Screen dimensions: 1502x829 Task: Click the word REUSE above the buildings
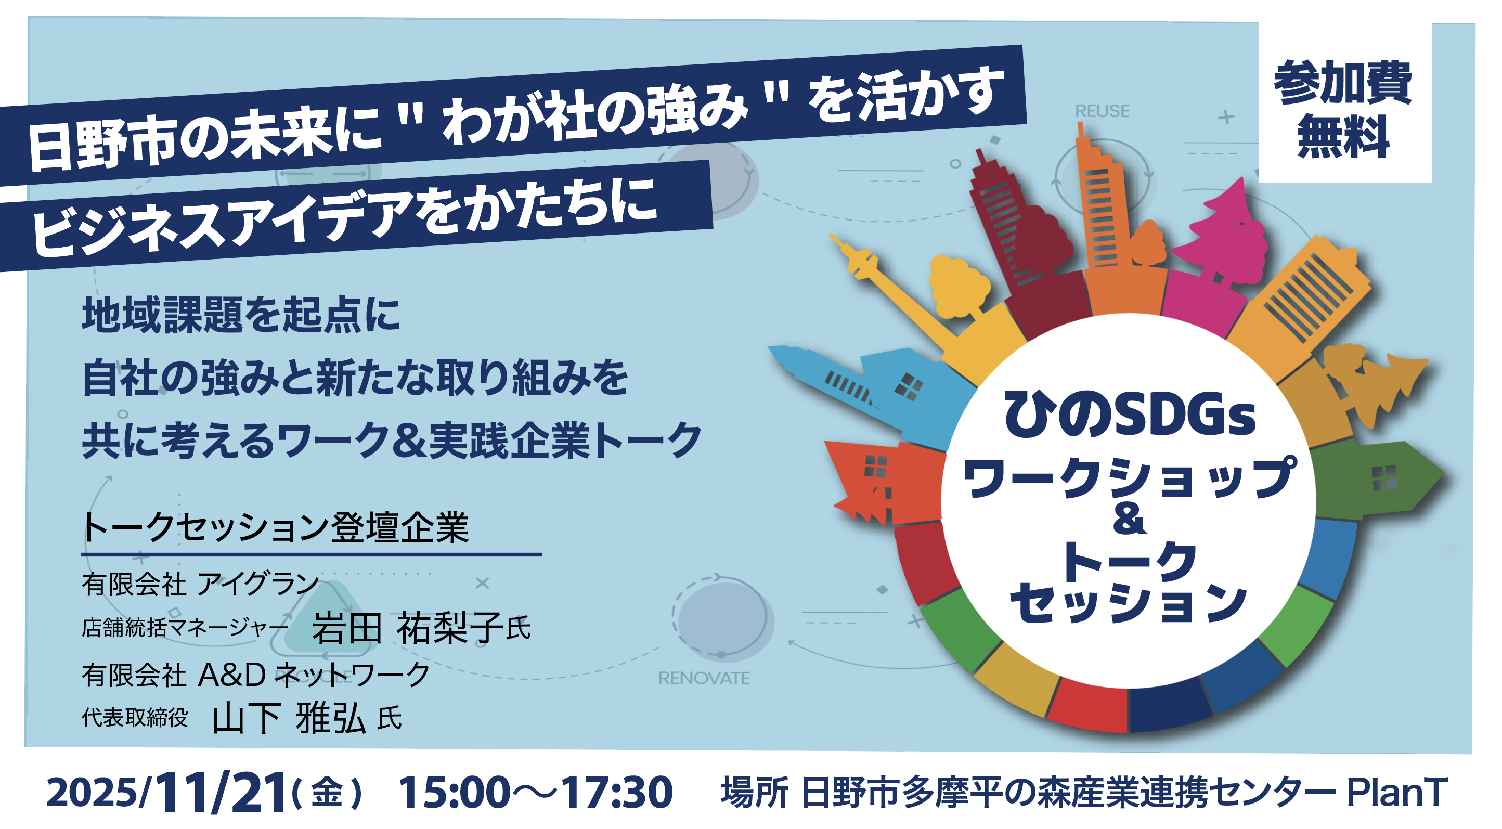coord(1102,111)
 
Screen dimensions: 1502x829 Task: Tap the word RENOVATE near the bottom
coord(704,678)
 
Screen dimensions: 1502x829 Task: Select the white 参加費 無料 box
coord(1344,102)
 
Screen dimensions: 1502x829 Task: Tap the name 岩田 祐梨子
coord(407,628)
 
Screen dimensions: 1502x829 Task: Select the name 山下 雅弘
coord(289,718)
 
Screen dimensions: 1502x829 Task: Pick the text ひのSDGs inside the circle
coord(1130,415)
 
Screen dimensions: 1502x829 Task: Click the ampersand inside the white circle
coord(1130,519)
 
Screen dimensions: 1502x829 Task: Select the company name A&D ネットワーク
coord(314,675)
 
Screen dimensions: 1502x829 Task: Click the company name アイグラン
coord(258,584)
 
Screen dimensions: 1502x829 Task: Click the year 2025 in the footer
coord(92,794)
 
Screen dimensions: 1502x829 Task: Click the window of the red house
coord(875,467)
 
